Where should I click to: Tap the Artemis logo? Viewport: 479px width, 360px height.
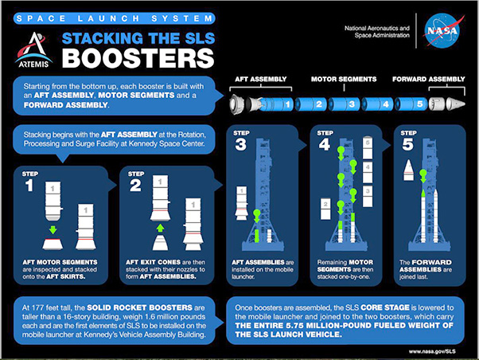pos(33,49)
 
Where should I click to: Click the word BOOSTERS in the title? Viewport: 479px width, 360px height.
pos(138,58)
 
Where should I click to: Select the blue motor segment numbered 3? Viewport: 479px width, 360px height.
pos(344,104)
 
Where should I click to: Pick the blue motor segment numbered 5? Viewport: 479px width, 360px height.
pos(411,104)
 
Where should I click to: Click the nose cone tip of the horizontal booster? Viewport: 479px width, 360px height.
pos(464,104)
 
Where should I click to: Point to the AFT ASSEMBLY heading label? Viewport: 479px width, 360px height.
pos(260,79)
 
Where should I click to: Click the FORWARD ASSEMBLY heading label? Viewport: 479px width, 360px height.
pos(428,79)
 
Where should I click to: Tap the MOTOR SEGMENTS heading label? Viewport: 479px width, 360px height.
pos(344,79)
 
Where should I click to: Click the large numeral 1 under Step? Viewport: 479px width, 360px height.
pos(29,186)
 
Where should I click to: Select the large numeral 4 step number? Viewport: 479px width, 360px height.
pos(325,144)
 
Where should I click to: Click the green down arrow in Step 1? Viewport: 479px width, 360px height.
pos(53,229)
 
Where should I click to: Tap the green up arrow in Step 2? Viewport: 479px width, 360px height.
pos(161,228)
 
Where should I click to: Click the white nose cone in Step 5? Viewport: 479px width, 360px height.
pos(408,170)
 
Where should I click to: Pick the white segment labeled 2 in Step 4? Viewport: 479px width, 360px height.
pos(325,209)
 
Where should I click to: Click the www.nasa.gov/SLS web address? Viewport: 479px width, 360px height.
pos(432,351)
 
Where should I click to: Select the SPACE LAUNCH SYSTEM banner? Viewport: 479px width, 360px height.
pos(115,18)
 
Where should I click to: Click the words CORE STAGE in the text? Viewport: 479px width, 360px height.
pos(384,307)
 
